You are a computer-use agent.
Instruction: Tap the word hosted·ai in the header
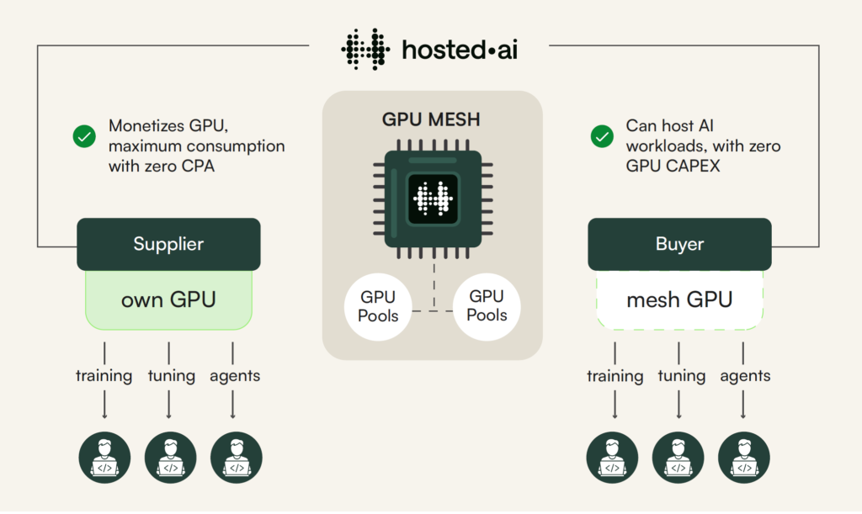[460, 49]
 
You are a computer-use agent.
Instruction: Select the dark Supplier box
[168, 245]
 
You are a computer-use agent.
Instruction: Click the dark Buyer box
[679, 245]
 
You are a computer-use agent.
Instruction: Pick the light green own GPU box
[168, 299]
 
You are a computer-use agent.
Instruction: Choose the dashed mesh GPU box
[679, 299]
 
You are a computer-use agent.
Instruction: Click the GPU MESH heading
[431, 119]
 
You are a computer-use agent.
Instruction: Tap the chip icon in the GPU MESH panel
[432, 199]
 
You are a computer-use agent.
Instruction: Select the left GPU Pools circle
[378, 306]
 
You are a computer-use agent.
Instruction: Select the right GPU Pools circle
[487, 306]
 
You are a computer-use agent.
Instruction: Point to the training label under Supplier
[104, 375]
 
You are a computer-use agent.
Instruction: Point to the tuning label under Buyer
[681, 375]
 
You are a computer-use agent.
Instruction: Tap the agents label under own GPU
[234, 375]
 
